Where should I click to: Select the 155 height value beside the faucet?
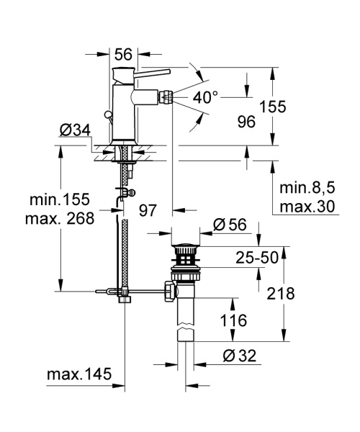tap(272, 107)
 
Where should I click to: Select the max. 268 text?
tap(62, 218)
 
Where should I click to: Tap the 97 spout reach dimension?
tap(148, 210)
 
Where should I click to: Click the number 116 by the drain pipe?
tap(235, 320)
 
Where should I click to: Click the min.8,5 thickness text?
tap(307, 188)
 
